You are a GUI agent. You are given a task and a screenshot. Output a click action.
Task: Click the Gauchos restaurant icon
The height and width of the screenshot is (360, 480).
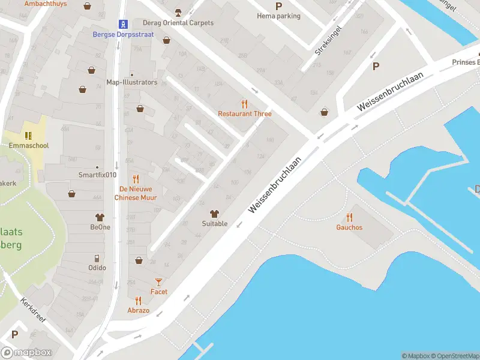click(x=349, y=218)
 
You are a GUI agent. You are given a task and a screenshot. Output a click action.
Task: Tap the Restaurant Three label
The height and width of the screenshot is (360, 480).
click(x=244, y=113)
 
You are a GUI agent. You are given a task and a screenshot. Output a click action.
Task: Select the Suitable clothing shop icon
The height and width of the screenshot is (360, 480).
click(x=214, y=214)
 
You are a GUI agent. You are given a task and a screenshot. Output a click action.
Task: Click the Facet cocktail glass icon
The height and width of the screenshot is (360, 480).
click(x=159, y=281)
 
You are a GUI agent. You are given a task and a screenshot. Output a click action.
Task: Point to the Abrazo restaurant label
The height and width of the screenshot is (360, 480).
click(x=138, y=311)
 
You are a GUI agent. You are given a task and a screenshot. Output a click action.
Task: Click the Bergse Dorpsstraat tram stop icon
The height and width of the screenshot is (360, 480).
click(x=123, y=25)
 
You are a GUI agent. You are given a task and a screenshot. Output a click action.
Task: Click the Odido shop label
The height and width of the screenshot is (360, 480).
click(x=97, y=268)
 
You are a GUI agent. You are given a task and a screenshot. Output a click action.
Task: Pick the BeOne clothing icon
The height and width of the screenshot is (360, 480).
click(x=100, y=217)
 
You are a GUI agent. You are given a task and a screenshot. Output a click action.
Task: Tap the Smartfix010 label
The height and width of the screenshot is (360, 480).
click(x=97, y=175)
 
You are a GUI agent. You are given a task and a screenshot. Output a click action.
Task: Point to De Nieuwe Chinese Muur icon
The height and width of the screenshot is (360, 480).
click(x=136, y=179)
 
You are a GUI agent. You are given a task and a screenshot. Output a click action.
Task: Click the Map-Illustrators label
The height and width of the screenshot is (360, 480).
click(x=131, y=82)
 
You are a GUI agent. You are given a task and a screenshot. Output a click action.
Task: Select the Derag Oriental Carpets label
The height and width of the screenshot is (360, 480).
click(x=178, y=23)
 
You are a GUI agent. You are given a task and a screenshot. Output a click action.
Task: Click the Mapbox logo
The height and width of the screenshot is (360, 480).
click(x=26, y=353)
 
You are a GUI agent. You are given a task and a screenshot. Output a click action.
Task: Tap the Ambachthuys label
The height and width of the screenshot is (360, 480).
click(x=46, y=4)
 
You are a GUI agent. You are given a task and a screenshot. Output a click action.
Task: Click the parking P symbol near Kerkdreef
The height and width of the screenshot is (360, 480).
click(x=14, y=334)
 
